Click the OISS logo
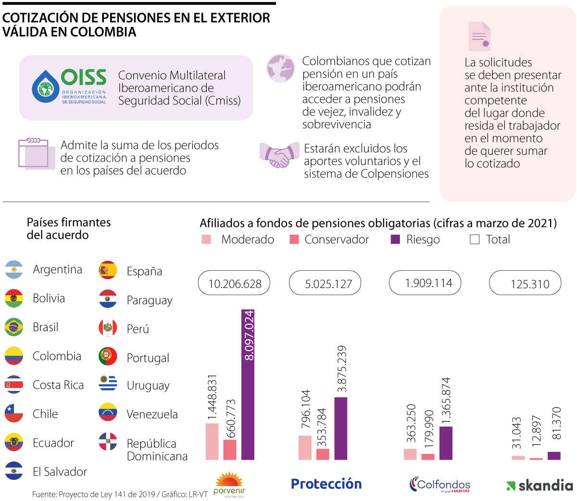point(69,87)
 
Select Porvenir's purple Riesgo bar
point(248,385)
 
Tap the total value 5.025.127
point(328,284)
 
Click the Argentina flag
point(14,270)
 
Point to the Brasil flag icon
point(14,327)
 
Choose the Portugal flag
point(108,356)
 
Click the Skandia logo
point(539,486)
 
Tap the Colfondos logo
point(440,484)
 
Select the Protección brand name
point(326,484)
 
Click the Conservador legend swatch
point(294,239)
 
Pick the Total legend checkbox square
point(475,239)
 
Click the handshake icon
point(279,155)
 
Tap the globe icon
point(281,67)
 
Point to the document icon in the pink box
point(479,37)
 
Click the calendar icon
point(33,153)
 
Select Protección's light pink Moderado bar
point(305,448)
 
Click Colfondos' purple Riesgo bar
point(446,443)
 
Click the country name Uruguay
point(148,386)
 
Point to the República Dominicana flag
point(108,441)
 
